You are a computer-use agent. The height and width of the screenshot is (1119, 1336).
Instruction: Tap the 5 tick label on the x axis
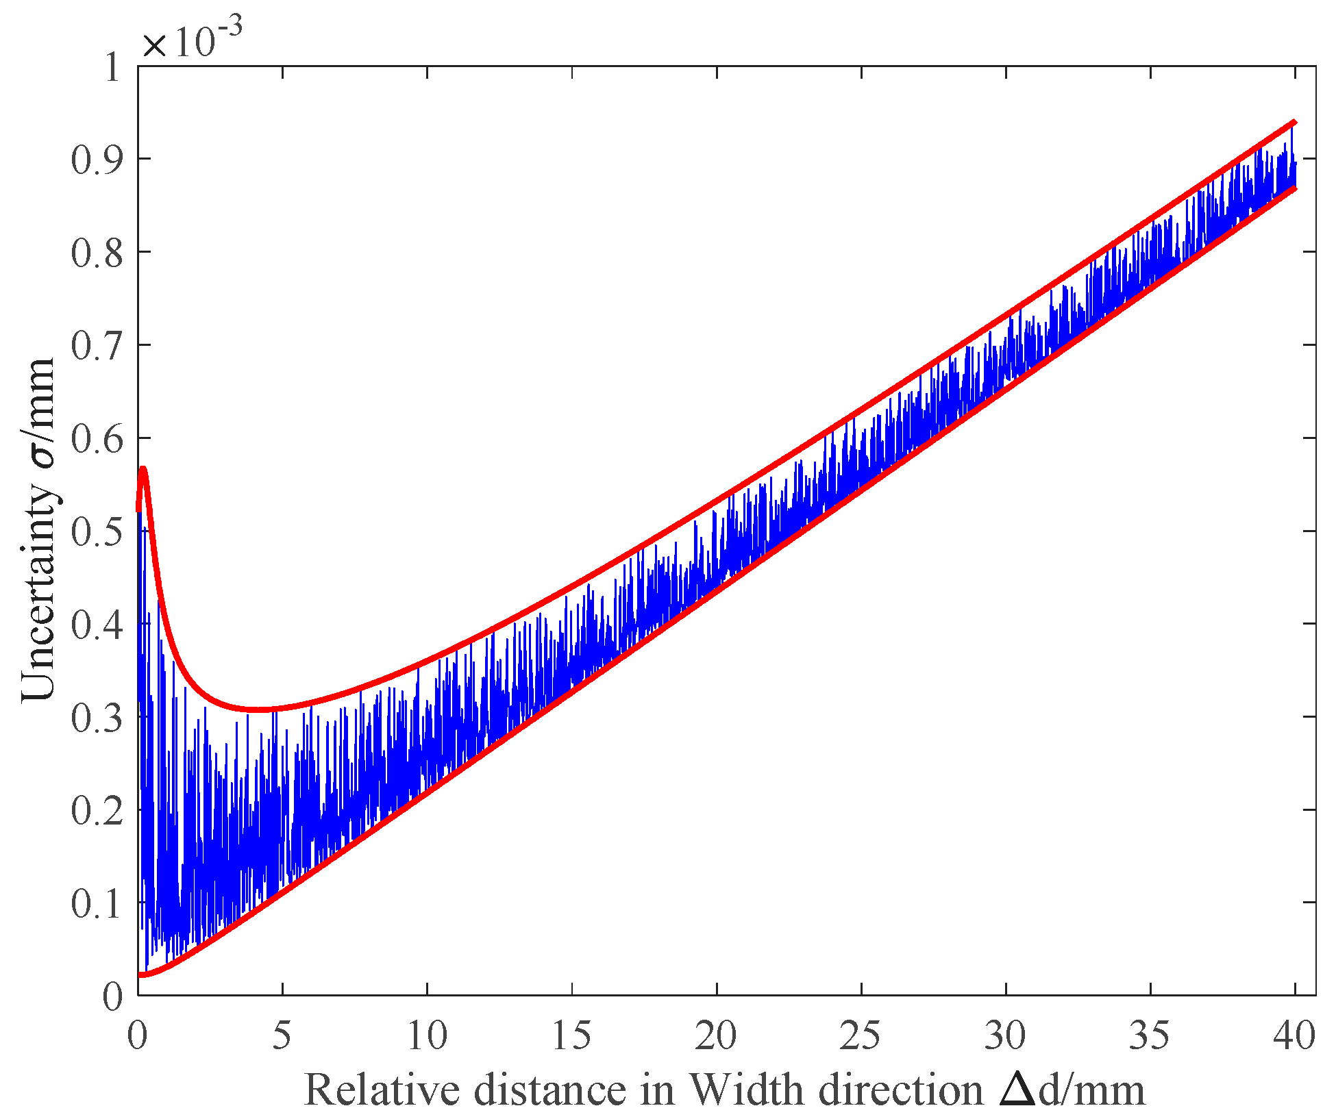[282, 1035]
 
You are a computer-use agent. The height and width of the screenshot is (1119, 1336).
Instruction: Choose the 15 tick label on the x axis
[571, 1035]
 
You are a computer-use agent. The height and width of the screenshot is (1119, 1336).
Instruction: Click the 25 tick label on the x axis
[861, 1035]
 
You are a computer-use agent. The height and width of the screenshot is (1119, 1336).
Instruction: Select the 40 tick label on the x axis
[1294, 1035]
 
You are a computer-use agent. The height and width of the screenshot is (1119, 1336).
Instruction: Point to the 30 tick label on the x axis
[1005, 1035]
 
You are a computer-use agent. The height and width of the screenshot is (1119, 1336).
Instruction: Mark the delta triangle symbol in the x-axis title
[1018, 1089]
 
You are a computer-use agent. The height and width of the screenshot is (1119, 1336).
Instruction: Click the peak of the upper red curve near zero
[143, 469]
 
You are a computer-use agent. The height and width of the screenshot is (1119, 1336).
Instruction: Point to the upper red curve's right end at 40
[1294, 123]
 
